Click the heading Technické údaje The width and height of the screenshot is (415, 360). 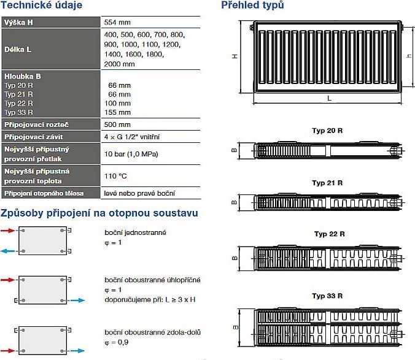pyautogui.click(x=42, y=6)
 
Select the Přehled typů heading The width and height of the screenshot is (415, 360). pyautogui.click(x=252, y=6)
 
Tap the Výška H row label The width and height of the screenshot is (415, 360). pyautogui.click(x=19, y=21)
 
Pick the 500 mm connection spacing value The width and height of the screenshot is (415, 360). pyautogui.click(x=118, y=124)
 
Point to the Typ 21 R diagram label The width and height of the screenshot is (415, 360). pyautogui.click(x=327, y=183)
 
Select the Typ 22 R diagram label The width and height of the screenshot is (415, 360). pyautogui.click(x=329, y=234)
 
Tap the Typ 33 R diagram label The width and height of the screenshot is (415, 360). pyautogui.click(x=327, y=296)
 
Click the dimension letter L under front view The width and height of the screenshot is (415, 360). pyautogui.click(x=329, y=98)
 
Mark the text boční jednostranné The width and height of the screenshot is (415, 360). pyautogui.click(x=135, y=232)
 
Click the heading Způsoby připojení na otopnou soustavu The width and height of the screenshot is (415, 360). pyautogui.click(x=99, y=213)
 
